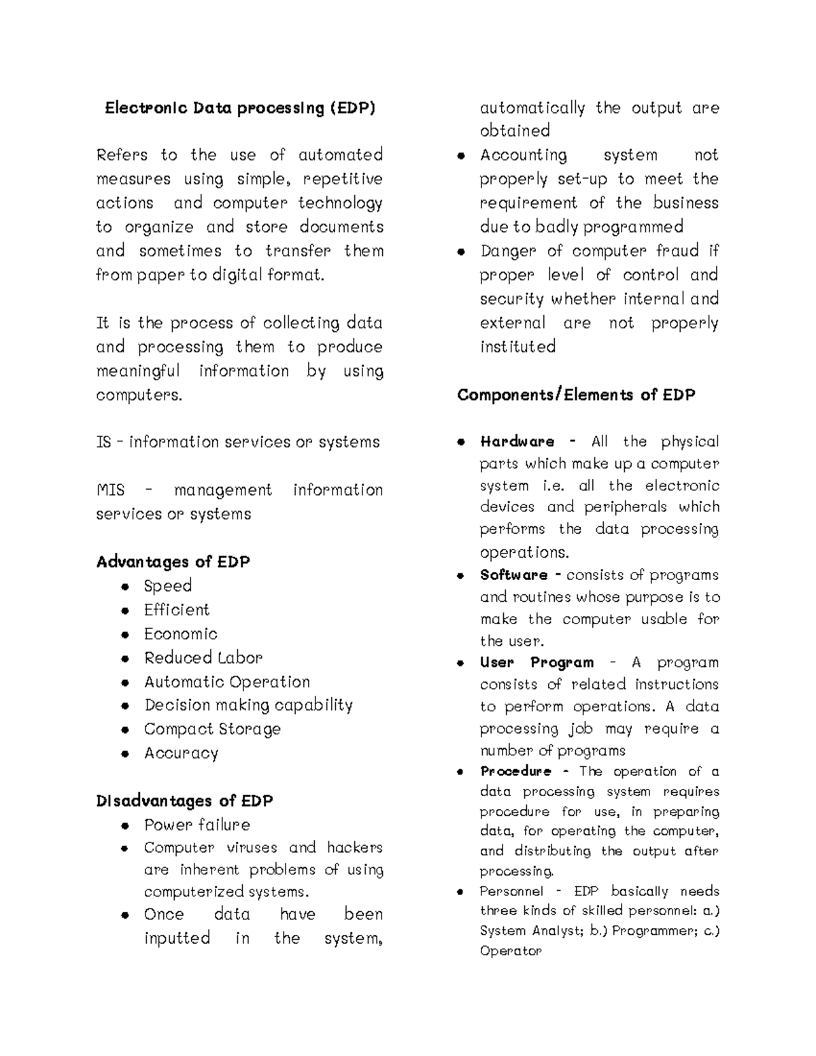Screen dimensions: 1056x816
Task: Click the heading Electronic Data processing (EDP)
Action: coord(239,108)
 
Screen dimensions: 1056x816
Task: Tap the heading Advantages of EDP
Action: coord(173,562)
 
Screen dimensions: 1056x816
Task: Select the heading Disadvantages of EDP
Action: coord(184,801)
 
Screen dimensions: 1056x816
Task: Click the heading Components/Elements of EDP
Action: coord(576,395)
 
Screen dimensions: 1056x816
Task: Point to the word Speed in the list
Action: coord(168,585)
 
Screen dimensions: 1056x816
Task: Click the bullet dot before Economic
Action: coord(125,634)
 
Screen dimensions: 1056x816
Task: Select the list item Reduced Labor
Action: coord(203,658)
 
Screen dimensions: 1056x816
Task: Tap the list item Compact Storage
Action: coord(212,729)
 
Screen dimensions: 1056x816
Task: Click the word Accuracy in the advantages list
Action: coord(181,753)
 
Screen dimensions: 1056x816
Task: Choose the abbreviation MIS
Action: coord(110,490)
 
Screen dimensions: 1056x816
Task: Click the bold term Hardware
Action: coord(517,441)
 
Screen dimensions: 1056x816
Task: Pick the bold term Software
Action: coord(513,575)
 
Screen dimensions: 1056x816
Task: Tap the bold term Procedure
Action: coord(515,771)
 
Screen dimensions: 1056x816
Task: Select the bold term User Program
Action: coord(537,662)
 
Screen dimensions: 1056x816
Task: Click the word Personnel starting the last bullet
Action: coord(511,891)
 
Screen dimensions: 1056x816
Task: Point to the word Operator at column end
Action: coord(510,951)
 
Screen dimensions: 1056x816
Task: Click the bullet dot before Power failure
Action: coord(125,825)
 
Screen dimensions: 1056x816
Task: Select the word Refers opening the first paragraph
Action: coord(122,155)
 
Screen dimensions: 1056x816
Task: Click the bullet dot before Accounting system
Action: coord(461,156)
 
